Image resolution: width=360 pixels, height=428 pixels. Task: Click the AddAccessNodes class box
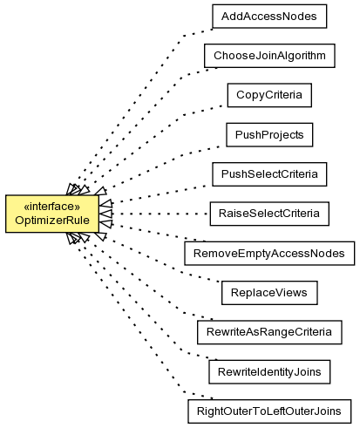pos(269,17)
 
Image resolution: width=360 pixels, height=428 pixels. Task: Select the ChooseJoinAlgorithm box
pos(269,56)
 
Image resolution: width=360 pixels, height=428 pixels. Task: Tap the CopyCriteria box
pos(269,95)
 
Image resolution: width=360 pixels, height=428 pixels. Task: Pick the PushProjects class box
pos(269,135)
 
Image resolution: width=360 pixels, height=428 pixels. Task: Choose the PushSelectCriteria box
pos(269,174)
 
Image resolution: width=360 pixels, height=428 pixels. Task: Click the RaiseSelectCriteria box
pos(269,214)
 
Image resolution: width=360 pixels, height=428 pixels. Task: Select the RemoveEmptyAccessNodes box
pos(269,254)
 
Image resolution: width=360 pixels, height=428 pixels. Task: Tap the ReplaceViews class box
pos(269,293)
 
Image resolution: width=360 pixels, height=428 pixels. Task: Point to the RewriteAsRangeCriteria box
pos(269,332)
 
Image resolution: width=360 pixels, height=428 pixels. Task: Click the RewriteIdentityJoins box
pos(269,372)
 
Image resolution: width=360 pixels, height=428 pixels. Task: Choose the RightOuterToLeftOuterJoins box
pos(269,411)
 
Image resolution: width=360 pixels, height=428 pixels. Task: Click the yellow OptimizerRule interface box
pos(52,214)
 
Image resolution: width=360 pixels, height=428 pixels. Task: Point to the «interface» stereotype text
pos(52,207)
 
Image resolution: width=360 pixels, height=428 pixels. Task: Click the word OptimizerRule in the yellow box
pos(52,221)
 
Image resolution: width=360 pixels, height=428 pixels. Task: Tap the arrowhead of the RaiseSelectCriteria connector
pos(105,214)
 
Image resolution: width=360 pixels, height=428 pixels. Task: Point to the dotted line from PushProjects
pos(163,166)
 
